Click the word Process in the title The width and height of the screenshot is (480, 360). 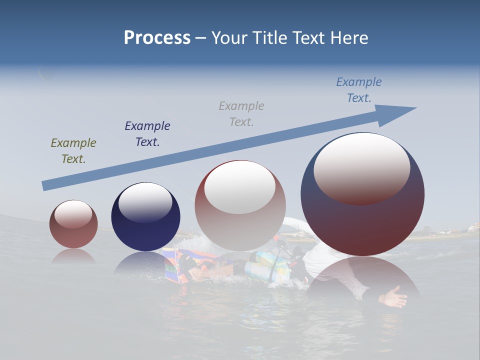click(x=157, y=38)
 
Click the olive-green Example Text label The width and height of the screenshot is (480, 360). click(x=73, y=150)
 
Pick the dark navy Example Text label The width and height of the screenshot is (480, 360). click(x=147, y=133)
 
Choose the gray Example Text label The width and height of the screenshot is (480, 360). click(x=241, y=113)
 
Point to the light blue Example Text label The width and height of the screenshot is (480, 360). click(x=359, y=90)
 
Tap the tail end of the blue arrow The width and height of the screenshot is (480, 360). click(x=44, y=186)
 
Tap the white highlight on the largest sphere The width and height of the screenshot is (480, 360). click(x=361, y=167)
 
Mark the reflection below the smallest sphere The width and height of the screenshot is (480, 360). click(x=73, y=256)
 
